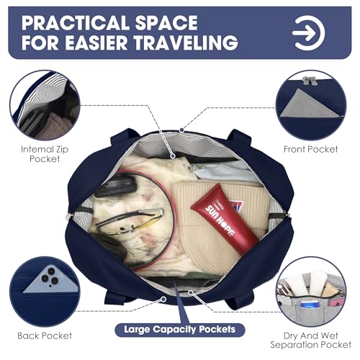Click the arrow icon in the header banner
pyautogui.click(x=309, y=33)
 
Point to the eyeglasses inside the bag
pyautogui.click(x=130, y=221)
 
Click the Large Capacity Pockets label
pyautogui.click(x=180, y=330)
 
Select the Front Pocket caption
pyautogui.click(x=311, y=149)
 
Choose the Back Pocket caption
pyautogui.click(x=45, y=336)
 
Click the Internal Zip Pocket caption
pyautogui.click(x=45, y=154)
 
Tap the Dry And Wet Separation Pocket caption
pyautogui.click(x=311, y=340)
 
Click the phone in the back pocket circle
pyautogui.click(x=52, y=279)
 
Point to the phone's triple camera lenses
pyautogui.click(x=51, y=276)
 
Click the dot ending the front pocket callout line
pyautogui.click(x=182, y=130)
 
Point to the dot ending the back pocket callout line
pyautogui.click(x=163, y=300)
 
